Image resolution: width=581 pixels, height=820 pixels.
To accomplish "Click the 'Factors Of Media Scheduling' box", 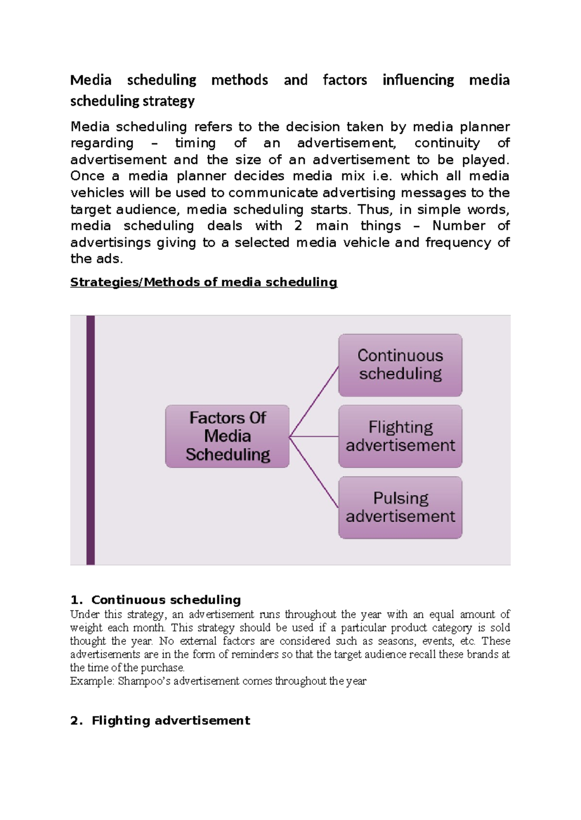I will pos(227,436).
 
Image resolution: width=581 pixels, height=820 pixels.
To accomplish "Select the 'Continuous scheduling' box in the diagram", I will pos(400,365).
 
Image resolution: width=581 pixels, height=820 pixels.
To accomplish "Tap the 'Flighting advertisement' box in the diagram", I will pos(400,436).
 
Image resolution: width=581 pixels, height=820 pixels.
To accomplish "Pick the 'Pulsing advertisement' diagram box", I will pos(400,507).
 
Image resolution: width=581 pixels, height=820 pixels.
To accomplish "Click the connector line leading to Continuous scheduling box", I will pos(314,401).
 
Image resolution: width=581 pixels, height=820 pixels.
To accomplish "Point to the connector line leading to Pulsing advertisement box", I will pos(314,472).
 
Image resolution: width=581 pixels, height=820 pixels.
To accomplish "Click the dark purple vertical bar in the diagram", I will pos(91,440).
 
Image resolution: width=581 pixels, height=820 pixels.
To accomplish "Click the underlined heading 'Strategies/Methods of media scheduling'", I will pos(203,282).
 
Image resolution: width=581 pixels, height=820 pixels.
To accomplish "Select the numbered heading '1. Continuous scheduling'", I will pos(155,600).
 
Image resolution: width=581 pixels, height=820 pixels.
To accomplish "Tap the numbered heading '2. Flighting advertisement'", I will pos(160,720).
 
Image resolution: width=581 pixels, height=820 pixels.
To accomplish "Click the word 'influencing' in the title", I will pos(418,80).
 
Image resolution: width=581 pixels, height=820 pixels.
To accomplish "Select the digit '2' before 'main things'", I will pos(298,226).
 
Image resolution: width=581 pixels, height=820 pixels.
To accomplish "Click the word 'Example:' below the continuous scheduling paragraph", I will pos(92,681).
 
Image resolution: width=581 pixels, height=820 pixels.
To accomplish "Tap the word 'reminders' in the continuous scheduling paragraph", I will pos(254,655).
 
